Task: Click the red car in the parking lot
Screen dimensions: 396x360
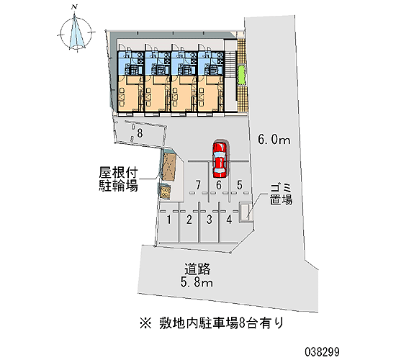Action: (220, 158)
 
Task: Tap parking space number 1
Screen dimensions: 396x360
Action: (169, 220)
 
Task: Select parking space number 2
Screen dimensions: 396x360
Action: (189, 220)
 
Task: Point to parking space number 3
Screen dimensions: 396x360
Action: (209, 220)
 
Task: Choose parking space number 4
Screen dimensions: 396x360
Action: (229, 220)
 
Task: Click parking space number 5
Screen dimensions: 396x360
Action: (240, 185)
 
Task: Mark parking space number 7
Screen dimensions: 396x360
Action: (198, 185)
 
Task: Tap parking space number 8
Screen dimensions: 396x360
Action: (140, 133)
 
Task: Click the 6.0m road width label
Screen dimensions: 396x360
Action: (274, 139)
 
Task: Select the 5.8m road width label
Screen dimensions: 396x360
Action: (197, 282)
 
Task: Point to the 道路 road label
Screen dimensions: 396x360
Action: (197, 269)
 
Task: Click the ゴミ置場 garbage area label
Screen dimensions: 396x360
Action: (281, 194)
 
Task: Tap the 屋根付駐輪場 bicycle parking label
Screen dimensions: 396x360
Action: (118, 179)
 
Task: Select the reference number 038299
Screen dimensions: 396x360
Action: (322, 351)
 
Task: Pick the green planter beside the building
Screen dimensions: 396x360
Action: (241, 75)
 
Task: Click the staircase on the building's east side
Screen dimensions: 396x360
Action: (230, 63)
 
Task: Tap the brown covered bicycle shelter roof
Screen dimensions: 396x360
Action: (168, 167)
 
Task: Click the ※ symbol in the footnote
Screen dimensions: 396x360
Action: (145, 323)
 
